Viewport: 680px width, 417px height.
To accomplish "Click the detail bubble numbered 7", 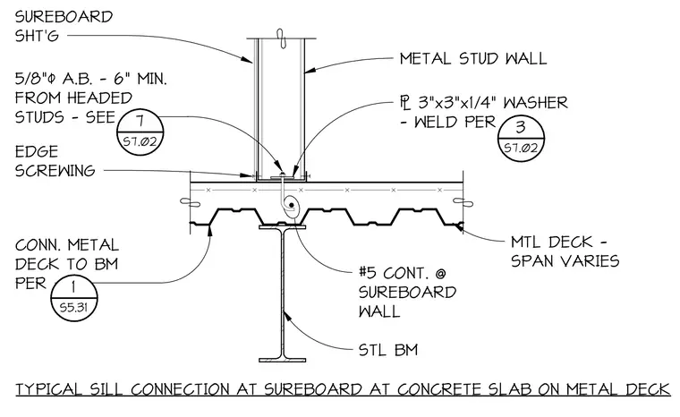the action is [x=140, y=130].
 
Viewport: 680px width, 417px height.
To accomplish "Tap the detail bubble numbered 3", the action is [x=521, y=138].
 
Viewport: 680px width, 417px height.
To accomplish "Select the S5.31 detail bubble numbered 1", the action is [x=74, y=298].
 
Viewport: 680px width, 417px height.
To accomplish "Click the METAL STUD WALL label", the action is [x=473, y=58].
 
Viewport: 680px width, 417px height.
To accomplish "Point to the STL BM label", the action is [x=388, y=350].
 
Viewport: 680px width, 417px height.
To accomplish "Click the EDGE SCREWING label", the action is [x=55, y=161].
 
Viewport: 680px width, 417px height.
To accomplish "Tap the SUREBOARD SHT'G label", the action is [x=64, y=26].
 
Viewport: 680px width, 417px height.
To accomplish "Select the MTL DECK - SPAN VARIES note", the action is [x=565, y=251].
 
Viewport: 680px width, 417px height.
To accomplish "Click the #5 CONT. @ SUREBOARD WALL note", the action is [x=407, y=293].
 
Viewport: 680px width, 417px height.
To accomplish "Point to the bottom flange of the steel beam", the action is [x=283, y=360].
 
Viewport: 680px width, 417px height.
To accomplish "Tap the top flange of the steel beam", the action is [x=283, y=227].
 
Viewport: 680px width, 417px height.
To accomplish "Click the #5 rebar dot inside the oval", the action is [x=292, y=204].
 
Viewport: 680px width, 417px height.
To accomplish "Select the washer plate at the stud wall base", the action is [x=283, y=177].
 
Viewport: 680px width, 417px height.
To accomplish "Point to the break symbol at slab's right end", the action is [x=463, y=201].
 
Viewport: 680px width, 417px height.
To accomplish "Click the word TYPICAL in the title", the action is [x=49, y=389].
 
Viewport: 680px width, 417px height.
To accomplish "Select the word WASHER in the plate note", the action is [x=535, y=103].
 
